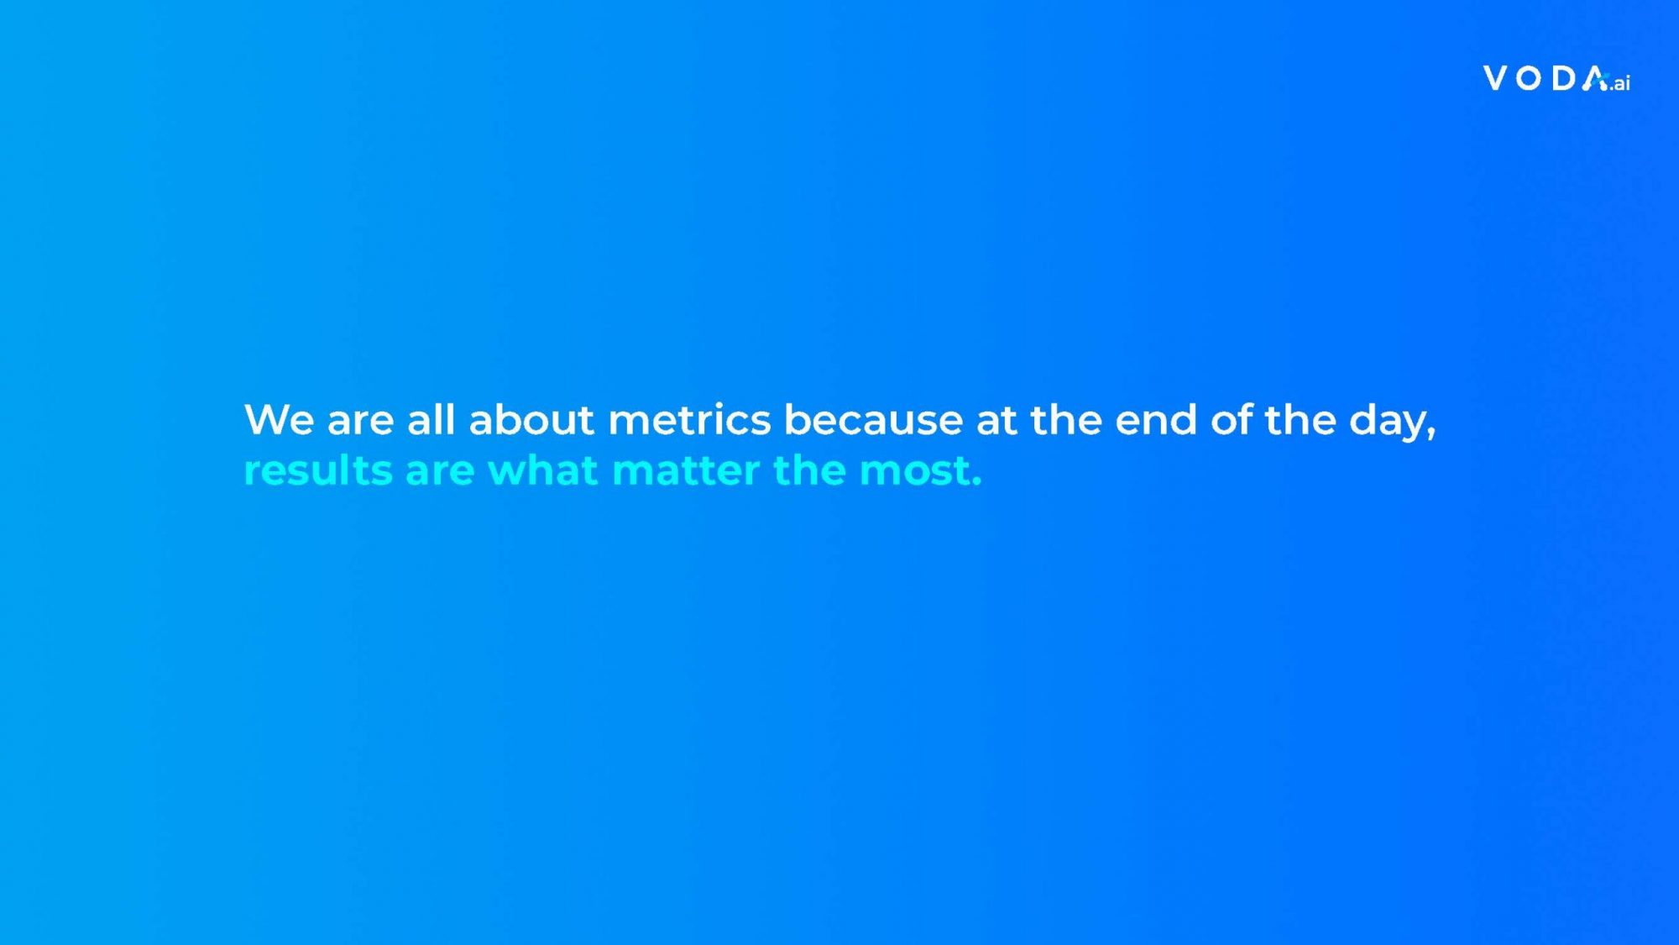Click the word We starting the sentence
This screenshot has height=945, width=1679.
click(x=279, y=419)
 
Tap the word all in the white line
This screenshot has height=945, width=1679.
click(x=431, y=418)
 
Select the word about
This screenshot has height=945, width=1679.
click(x=531, y=418)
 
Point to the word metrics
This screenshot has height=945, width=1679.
click(x=689, y=419)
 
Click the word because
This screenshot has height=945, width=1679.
click(x=873, y=418)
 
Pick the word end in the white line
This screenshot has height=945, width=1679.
click(x=1156, y=418)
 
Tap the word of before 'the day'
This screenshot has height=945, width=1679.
click(x=1232, y=418)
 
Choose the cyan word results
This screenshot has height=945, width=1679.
click(x=318, y=470)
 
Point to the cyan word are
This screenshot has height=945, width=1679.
click(x=440, y=473)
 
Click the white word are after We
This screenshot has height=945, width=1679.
click(x=360, y=423)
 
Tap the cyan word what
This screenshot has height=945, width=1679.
click(x=543, y=470)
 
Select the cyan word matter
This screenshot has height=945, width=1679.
click(x=686, y=470)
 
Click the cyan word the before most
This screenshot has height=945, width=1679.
click(x=809, y=470)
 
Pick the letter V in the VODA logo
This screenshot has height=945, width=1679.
click(x=1495, y=78)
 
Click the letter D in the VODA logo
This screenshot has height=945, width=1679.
click(x=1563, y=78)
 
